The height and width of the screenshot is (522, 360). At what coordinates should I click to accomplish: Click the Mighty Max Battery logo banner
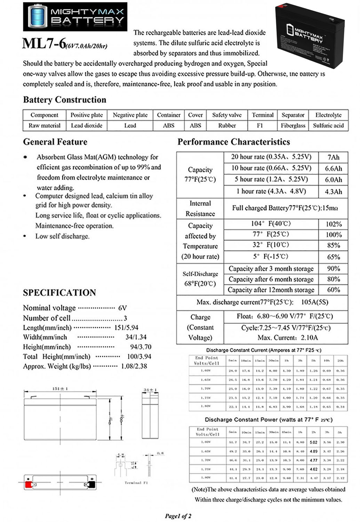75,16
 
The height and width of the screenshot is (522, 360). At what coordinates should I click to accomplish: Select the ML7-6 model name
44,44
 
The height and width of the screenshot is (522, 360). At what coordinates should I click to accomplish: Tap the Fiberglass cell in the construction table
293,126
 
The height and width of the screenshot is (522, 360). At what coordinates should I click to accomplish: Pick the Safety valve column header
227,115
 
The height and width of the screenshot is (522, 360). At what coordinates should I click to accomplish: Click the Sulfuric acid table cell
328,126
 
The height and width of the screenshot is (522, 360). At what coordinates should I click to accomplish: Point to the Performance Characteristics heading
233,142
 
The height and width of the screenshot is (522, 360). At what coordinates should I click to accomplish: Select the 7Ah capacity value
333,157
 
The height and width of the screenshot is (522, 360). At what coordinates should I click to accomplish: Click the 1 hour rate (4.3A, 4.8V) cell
271,191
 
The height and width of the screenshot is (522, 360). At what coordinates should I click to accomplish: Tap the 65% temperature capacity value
333,257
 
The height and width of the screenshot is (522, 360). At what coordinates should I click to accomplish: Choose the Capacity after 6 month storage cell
271,279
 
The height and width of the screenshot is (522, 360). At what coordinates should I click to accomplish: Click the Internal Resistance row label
200,208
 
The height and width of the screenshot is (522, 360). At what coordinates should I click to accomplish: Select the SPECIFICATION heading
59,293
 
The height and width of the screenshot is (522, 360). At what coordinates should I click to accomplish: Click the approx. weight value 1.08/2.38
134,366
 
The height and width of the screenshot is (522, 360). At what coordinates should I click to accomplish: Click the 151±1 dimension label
60,388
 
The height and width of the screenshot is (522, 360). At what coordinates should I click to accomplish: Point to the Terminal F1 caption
136,483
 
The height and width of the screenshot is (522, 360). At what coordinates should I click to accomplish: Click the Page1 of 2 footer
178,516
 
